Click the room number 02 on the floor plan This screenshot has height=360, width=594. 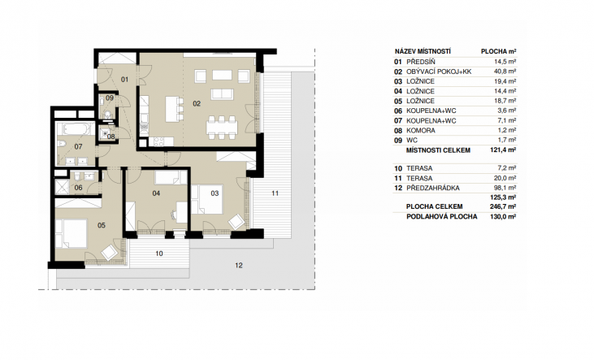tap(197, 103)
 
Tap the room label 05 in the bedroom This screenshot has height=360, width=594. tap(102, 225)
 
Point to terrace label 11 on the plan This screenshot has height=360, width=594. tap(275, 193)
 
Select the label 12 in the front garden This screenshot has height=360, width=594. tap(239, 265)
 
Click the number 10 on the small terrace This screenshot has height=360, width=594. tap(159, 254)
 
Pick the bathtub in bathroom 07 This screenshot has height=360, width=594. tap(76, 129)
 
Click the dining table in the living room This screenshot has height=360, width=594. tap(222, 125)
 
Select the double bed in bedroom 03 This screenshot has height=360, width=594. tap(207, 199)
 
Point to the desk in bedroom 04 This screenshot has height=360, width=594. tap(181, 213)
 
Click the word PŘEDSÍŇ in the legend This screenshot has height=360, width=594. tap(420, 62)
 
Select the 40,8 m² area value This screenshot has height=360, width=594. tap(505, 72)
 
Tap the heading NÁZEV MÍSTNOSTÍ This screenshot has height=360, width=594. tap(423, 51)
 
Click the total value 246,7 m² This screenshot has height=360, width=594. tap(503, 206)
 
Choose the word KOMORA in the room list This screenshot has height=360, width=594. tap(420, 130)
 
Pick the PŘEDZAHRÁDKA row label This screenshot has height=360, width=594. tap(432, 188)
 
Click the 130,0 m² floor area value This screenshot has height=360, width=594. tap(503, 216)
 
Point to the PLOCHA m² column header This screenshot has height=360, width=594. tap(499, 51)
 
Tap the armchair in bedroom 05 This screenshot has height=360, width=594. tap(110, 252)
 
